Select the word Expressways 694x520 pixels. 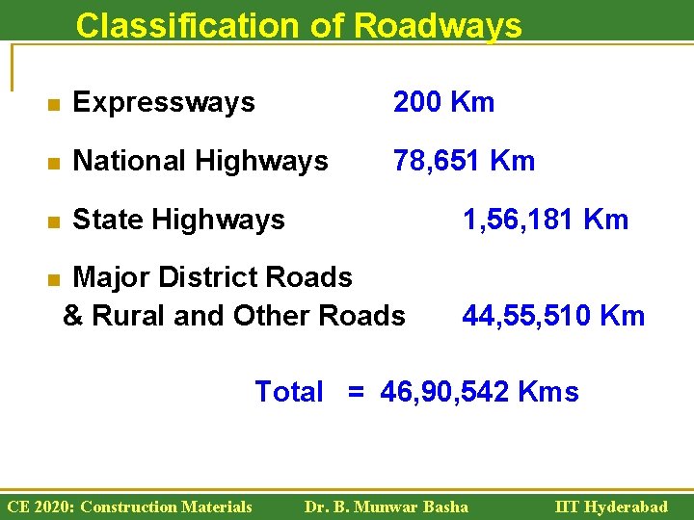coord(164,102)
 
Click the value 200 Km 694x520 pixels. coord(443,102)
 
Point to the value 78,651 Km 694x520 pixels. coord(464,161)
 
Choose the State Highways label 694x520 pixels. coord(178,220)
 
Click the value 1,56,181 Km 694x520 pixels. coord(546,220)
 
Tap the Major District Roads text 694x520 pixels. coord(212,277)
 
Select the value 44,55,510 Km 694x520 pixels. coord(553,315)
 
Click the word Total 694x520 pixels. coord(289,392)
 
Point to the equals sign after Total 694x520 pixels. coord(357,392)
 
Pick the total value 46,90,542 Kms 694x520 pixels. coord(480,392)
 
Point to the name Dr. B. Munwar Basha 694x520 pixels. coord(386,507)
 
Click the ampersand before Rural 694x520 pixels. coord(72,316)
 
